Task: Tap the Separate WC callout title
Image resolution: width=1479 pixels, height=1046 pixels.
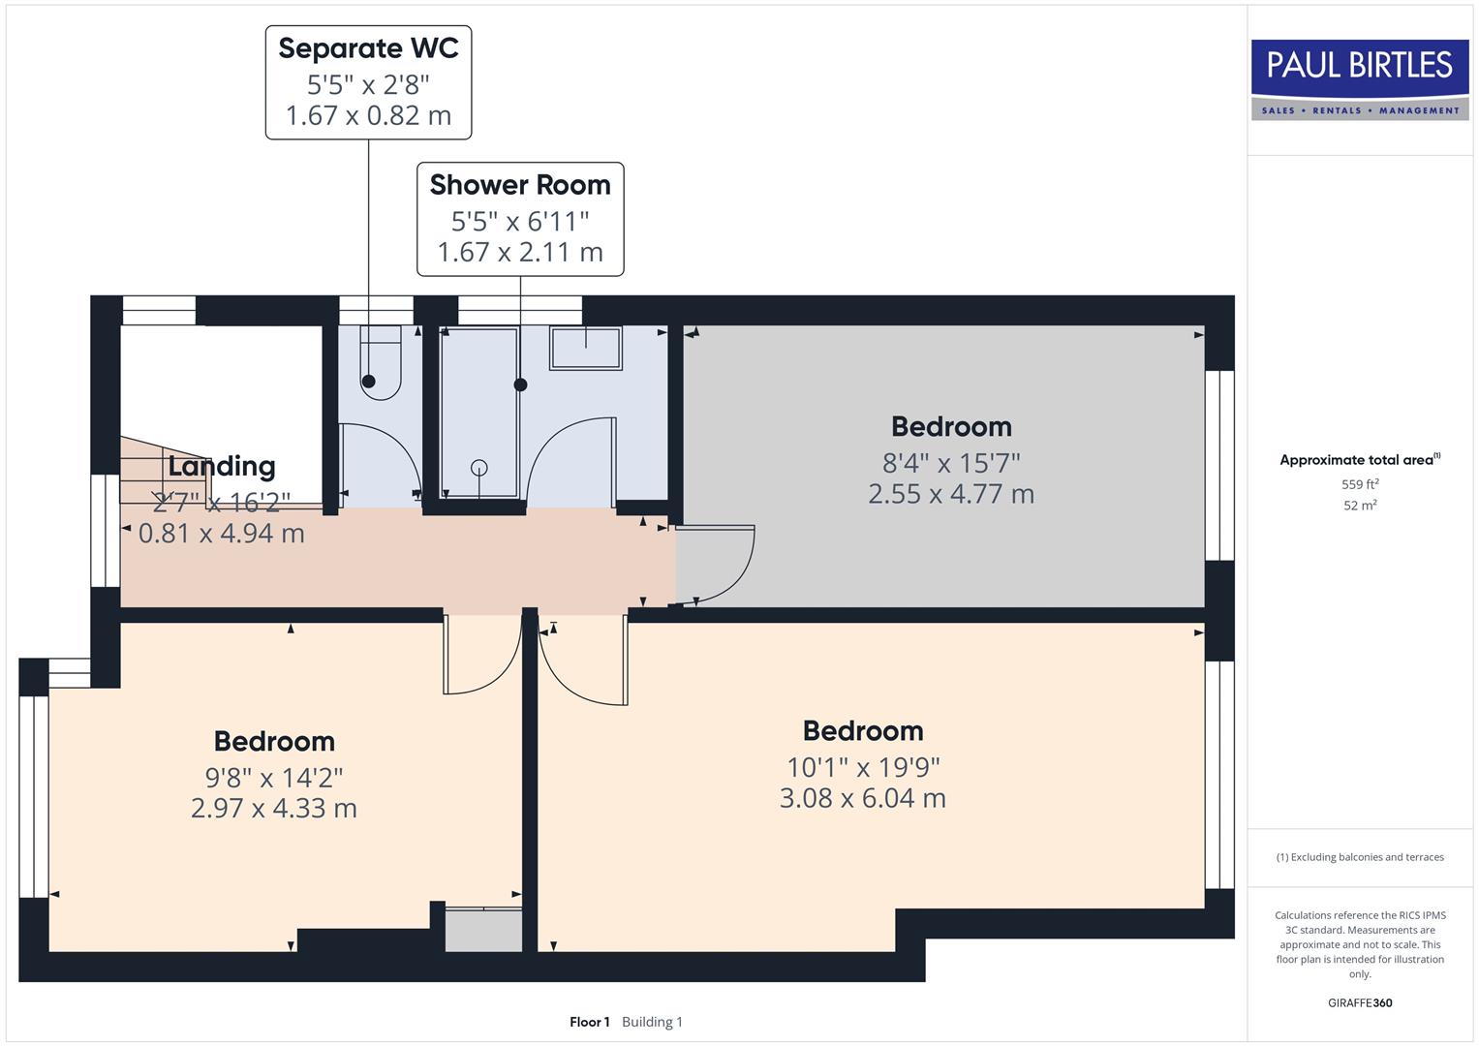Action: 368,48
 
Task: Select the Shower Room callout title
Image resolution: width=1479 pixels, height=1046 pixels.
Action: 520,185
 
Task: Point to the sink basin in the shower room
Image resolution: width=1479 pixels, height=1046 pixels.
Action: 586,348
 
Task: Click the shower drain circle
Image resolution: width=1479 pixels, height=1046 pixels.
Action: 479,468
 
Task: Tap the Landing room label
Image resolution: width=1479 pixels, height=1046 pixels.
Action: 222,466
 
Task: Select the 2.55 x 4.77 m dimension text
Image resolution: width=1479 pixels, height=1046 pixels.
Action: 951,494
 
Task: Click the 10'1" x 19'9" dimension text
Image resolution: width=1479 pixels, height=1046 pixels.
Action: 863,767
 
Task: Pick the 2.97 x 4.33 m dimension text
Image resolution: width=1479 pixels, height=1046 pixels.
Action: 274,808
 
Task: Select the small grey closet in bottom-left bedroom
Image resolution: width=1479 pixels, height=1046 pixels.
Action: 483,930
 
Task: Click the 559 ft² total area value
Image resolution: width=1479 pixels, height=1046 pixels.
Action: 1360,484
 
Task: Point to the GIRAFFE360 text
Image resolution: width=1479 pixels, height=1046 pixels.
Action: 1360,1002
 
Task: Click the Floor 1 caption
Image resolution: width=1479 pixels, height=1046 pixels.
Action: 589,1022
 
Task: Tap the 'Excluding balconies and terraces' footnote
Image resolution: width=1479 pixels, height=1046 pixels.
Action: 1360,857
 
